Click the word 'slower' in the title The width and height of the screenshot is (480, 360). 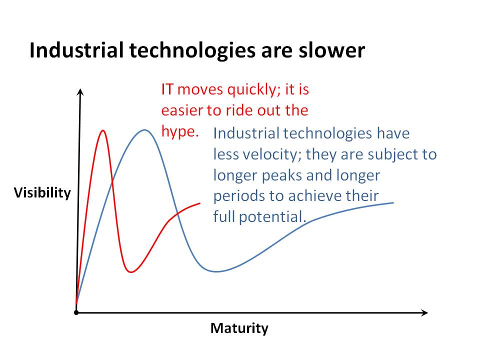(x=332, y=50)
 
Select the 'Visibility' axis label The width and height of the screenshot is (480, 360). (x=42, y=193)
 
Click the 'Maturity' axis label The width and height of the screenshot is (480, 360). (x=239, y=328)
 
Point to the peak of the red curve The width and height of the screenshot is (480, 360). (x=103, y=130)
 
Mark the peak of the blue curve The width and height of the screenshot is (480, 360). (x=144, y=130)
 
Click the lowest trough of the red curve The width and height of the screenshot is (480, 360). (x=131, y=272)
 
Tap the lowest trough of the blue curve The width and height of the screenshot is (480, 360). (x=216, y=271)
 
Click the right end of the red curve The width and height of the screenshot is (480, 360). (x=200, y=203)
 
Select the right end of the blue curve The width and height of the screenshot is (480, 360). (x=393, y=202)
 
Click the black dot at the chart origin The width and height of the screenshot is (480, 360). (x=76, y=312)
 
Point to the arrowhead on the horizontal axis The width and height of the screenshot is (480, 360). (x=424, y=312)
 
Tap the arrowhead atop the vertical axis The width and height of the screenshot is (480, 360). (x=80, y=92)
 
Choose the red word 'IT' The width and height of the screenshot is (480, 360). (x=167, y=89)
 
